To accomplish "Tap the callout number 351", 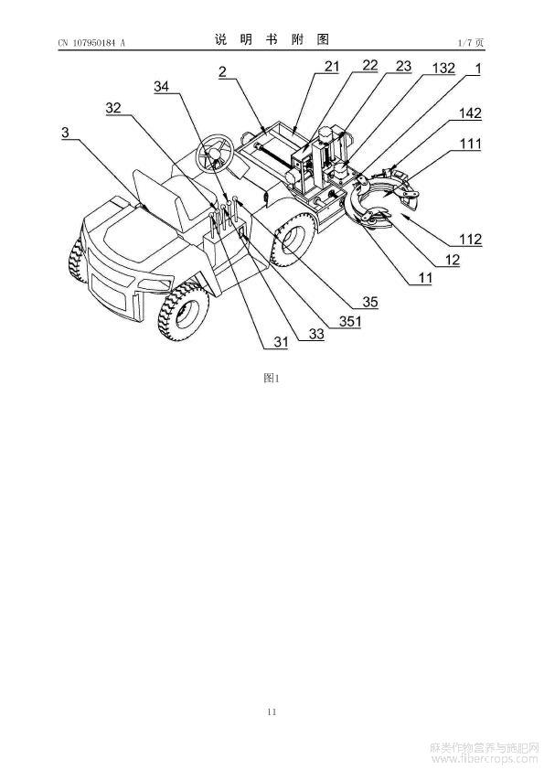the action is point(350,322).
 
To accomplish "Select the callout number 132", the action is point(443,68).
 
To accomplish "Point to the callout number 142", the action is point(470,113).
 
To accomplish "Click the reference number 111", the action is point(470,144).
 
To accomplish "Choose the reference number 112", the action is point(470,240).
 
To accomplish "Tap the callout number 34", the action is point(162,87).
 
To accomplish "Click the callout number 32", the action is point(113,108).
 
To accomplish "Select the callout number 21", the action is point(332,66).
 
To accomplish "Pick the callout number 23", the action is point(403,66).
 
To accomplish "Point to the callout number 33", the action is point(316,334).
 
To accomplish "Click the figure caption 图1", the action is point(272,378).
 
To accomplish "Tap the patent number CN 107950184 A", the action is point(91,43).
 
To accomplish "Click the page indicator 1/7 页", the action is point(471,43).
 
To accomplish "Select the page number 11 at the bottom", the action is point(272,711).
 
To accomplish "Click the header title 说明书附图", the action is point(272,39).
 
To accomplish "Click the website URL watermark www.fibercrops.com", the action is point(485,759).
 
